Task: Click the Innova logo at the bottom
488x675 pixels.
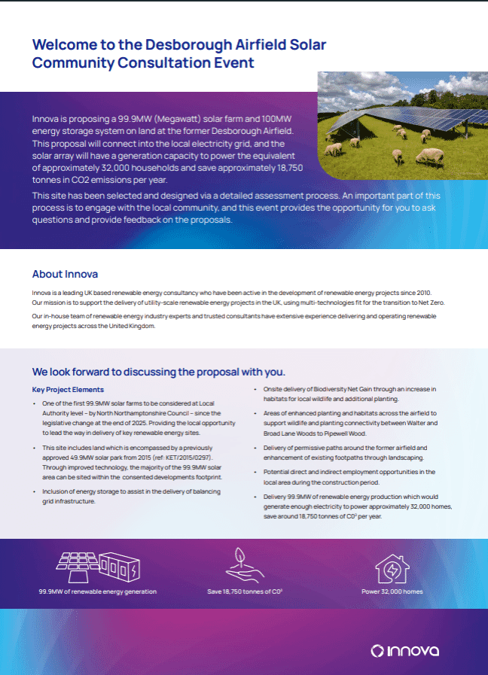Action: [405, 650]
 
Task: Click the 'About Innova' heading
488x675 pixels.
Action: [65, 274]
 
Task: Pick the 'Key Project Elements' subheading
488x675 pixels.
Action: [68, 390]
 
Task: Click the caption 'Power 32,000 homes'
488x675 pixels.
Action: [392, 591]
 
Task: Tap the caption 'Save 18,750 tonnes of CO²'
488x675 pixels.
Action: [245, 591]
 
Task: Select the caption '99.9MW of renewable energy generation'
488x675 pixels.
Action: [98, 591]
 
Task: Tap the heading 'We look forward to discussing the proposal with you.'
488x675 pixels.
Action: [159, 372]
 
